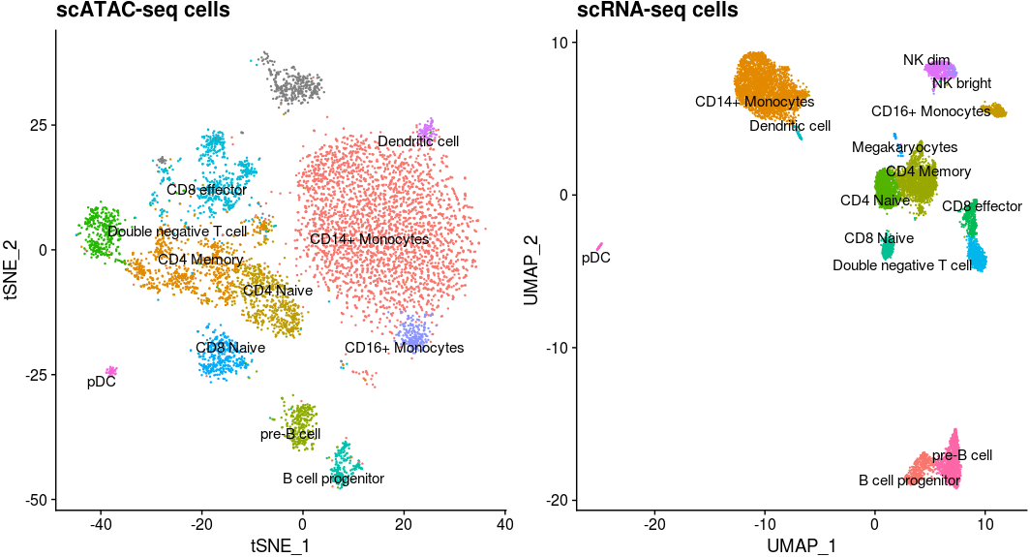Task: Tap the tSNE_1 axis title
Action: click(281, 546)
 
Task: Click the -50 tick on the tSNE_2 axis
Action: click(37, 500)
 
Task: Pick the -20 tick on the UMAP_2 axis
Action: click(558, 501)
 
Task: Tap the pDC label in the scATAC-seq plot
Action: click(102, 382)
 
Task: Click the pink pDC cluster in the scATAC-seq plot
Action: click(111, 371)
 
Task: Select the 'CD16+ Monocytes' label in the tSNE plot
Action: click(404, 348)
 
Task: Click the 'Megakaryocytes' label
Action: click(904, 147)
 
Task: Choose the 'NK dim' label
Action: click(926, 60)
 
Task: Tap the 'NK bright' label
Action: click(955, 83)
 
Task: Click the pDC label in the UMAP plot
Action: click(595, 259)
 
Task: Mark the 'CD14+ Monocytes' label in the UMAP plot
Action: click(754, 101)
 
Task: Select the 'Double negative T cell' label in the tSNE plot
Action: click(177, 232)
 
